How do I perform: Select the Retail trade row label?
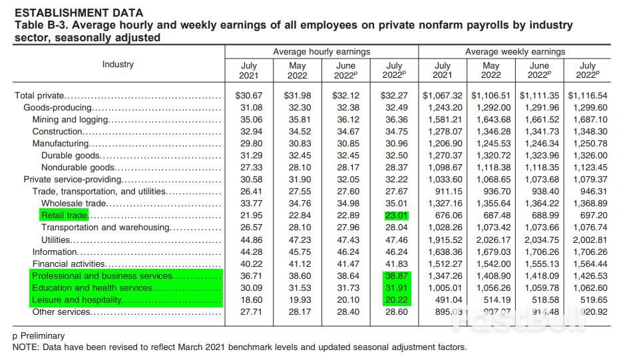65,215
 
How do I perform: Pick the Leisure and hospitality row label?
77,299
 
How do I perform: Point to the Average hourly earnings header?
321,51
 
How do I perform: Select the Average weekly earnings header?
515,51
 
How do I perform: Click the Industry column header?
118,65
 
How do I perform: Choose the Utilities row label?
56,239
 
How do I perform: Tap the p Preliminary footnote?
39,335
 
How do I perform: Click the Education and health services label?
93,287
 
